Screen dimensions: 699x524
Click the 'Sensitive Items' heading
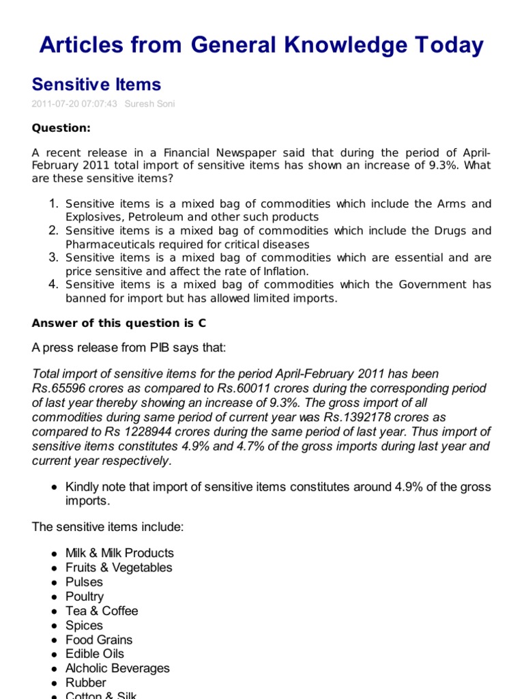pos(96,85)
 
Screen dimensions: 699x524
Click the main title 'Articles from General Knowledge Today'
pos(261,45)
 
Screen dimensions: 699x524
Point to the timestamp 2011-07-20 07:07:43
pos(74,104)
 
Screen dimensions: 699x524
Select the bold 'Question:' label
pos(61,128)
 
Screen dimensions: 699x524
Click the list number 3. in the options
pos(54,257)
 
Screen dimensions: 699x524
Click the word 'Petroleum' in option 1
pos(141,217)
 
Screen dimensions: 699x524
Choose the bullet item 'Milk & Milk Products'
pos(119,553)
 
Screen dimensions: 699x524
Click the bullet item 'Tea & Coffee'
pos(102,611)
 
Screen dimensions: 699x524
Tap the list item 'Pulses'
pos(84,582)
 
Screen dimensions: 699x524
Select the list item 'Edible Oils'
pos(95,654)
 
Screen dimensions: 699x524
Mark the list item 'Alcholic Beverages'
pos(117,668)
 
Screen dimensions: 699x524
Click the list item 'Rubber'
pos(86,683)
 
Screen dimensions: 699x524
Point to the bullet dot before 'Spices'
pos(54,626)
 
